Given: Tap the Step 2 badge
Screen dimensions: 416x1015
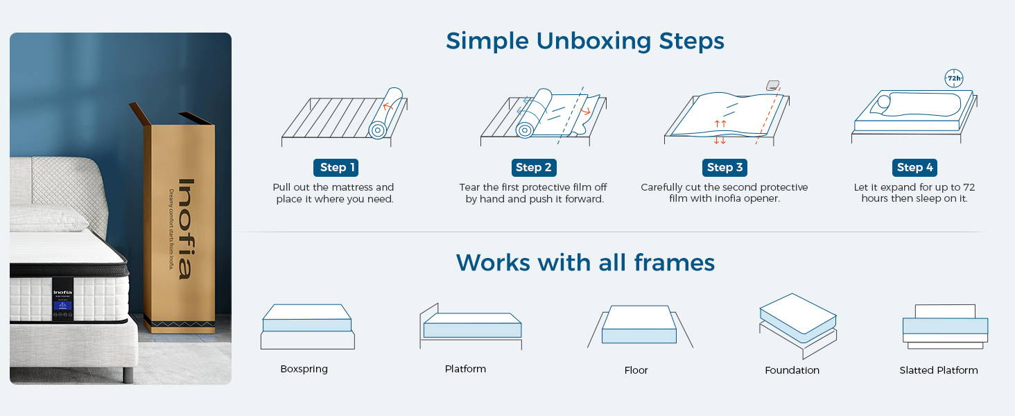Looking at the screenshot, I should coord(534,167).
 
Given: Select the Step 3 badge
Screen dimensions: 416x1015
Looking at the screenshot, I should coord(725,167).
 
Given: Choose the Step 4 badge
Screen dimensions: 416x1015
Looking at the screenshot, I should coord(914,167).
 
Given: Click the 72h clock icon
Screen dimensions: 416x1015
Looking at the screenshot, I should coord(954,78).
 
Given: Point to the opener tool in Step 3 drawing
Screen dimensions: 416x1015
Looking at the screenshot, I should coord(772,85).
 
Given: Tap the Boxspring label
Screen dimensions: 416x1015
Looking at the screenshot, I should coord(304,369).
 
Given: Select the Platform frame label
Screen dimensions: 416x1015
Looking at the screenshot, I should coord(465,369).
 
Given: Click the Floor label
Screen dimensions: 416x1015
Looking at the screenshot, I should coord(636,370).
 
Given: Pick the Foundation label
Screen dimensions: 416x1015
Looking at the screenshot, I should coord(792,370).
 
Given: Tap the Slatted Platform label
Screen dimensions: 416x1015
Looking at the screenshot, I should coord(938,370).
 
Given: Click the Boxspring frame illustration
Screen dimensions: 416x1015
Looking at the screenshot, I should coord(307,326).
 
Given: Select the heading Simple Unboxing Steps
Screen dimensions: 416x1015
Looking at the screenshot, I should coord(584,40).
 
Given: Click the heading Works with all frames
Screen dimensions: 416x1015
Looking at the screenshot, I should coord(584,262).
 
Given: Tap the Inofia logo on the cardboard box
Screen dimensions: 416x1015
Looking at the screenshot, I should coord(184,229).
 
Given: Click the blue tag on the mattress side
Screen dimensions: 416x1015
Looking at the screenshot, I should coord(63,305).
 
